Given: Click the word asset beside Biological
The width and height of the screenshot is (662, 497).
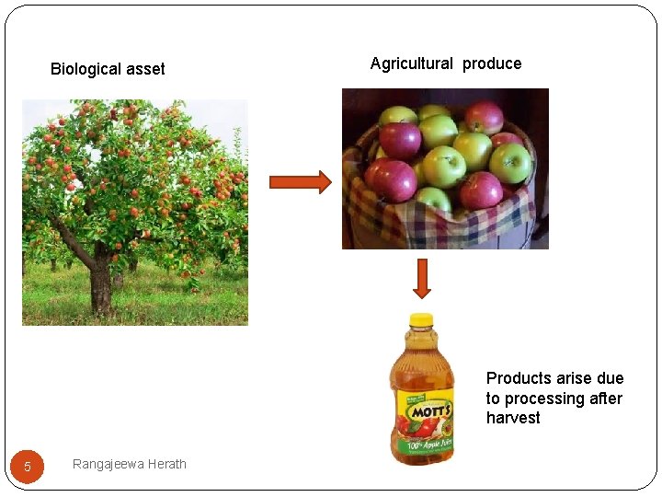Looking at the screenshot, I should tap(146, 69).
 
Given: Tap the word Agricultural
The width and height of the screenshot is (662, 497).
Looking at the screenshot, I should tap(411, 64).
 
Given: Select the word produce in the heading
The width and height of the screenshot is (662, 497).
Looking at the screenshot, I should tap(492, 64).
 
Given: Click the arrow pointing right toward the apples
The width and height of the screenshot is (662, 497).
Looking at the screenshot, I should tap(300, 182).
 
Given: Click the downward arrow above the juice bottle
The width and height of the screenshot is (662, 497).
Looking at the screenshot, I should tap(421, 278).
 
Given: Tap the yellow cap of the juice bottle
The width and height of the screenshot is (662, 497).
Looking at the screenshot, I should tap(421, 320).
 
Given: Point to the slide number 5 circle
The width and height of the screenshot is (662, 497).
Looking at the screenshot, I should tap(28, 467).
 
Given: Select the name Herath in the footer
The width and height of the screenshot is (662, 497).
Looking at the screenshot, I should tap(168, 464).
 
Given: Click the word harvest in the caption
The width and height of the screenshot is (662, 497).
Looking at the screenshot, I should tap(513, 418).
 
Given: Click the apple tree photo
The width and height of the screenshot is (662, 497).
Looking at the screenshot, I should tap(135, 212).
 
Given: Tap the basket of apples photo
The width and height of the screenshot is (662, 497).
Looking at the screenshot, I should tap(445, 168).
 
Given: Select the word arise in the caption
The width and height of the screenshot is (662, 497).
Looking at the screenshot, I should tap(575, 378).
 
